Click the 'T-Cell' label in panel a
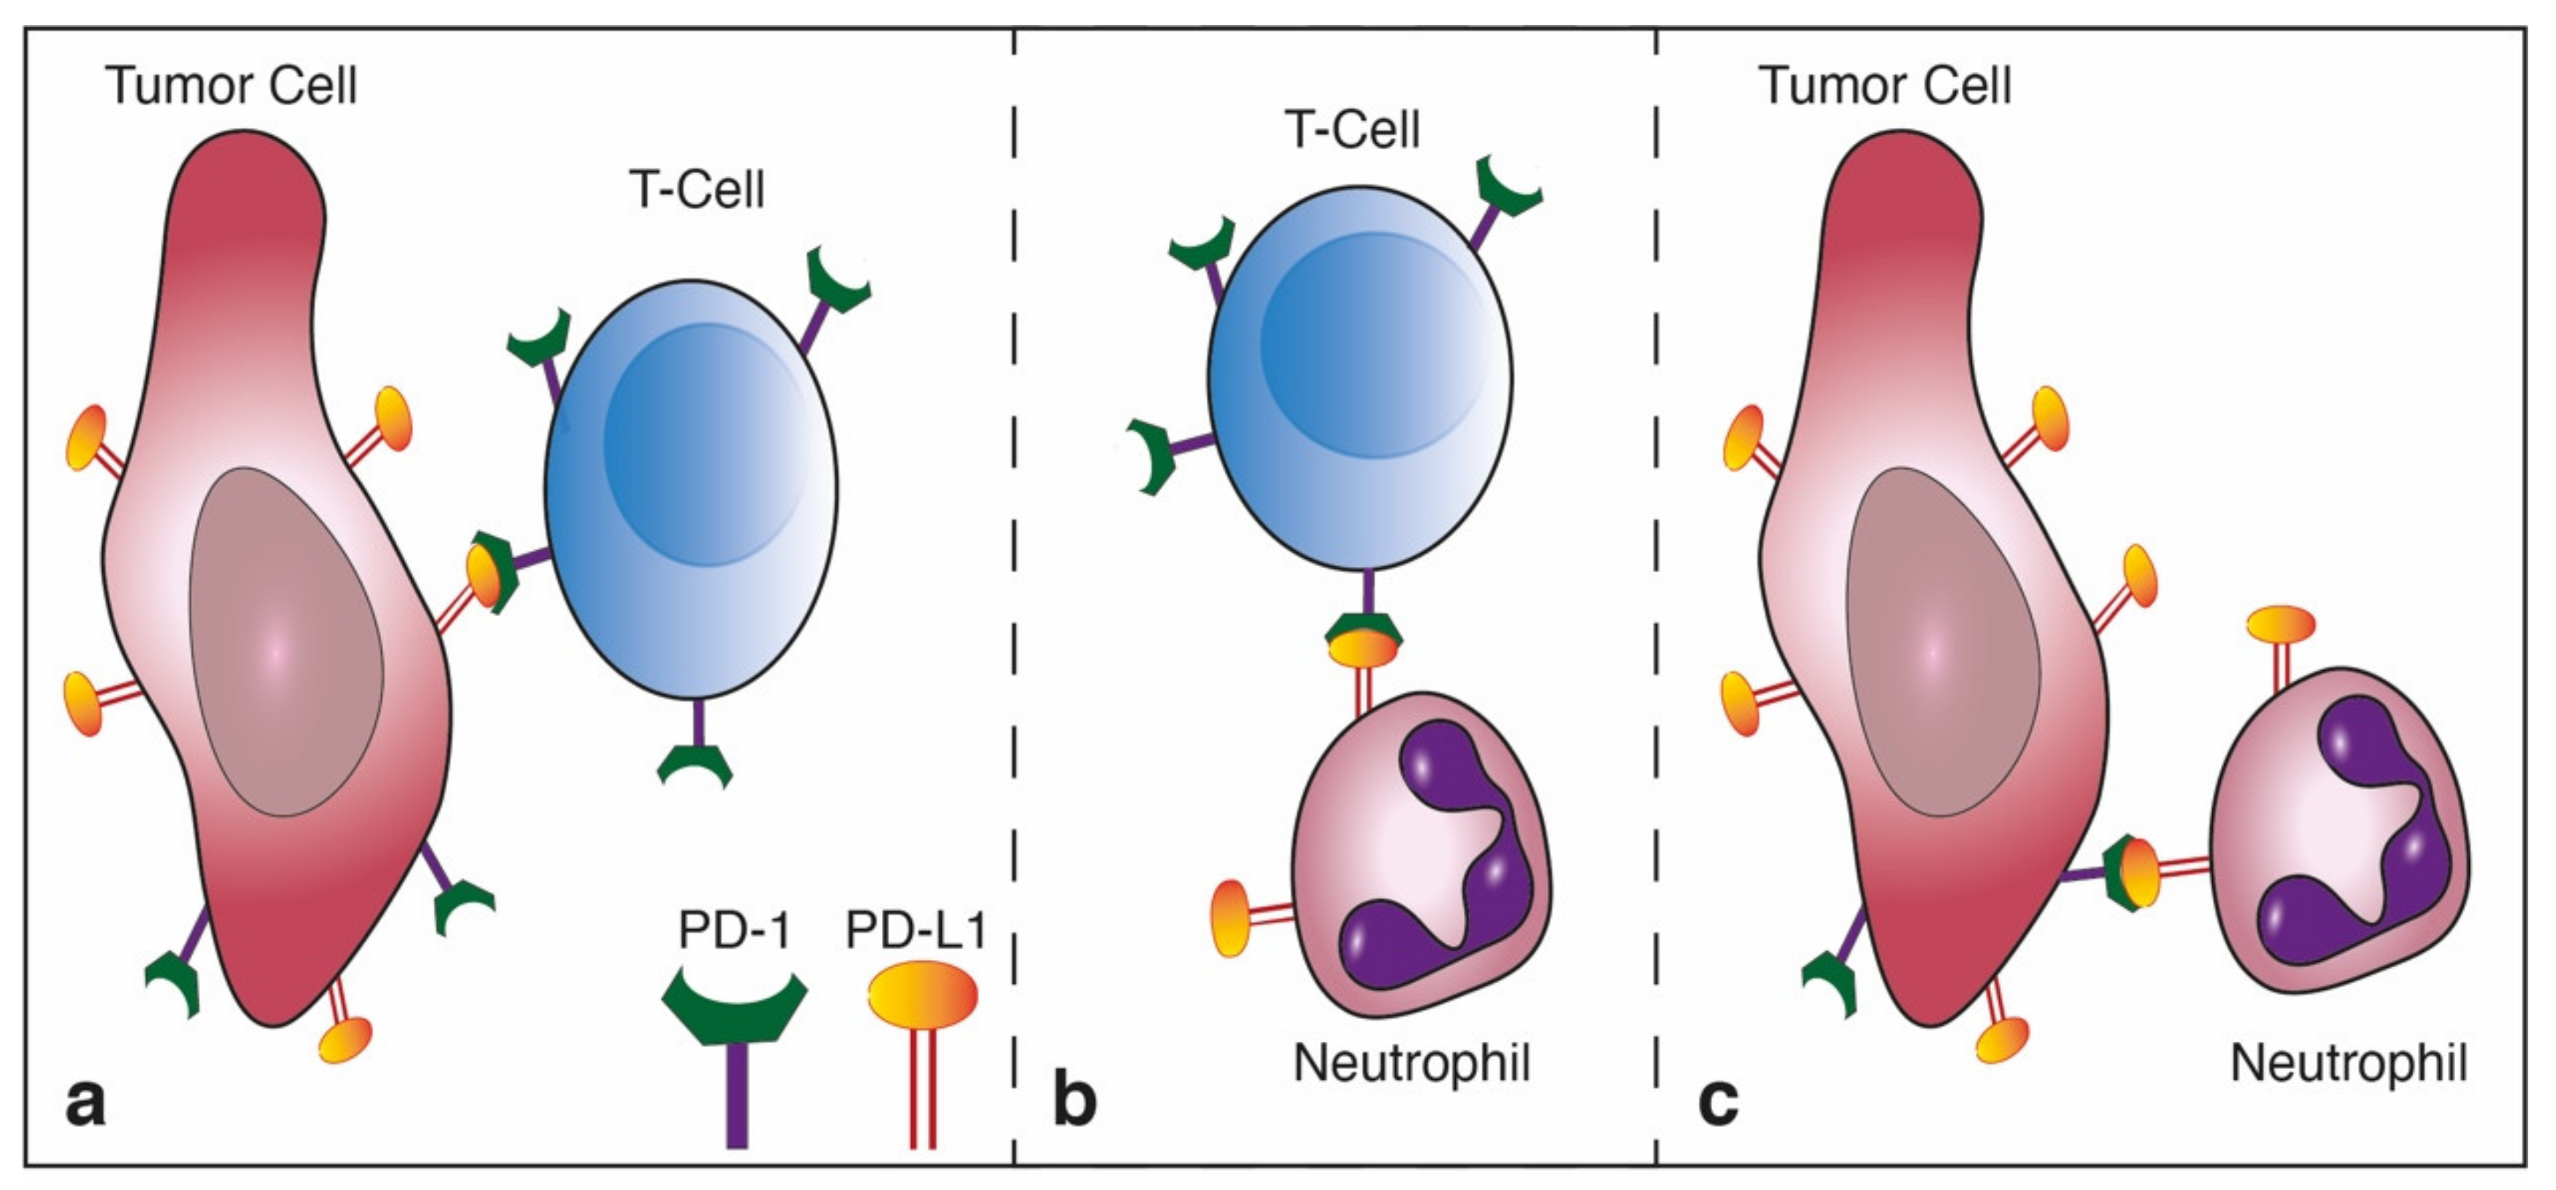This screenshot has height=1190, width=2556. coord(696,188)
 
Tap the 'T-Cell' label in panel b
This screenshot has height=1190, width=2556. coord(1352,129)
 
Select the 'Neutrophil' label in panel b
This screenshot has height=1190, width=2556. coord(1411,1063)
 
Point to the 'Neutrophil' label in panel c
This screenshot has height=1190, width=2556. coord(2348,1063)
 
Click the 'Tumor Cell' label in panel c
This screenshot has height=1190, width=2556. coord(1884,85)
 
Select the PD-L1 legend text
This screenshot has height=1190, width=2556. coord(916,931)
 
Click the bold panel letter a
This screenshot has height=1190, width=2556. coord(85,1102)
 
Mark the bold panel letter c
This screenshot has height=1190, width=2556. coord(1718,1102)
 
